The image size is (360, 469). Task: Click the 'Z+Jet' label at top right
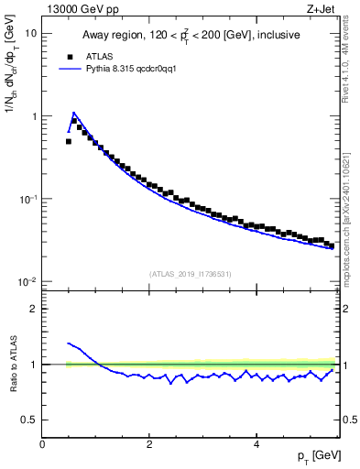tap(321, 8)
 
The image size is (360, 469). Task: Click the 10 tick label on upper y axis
tap(31, 33)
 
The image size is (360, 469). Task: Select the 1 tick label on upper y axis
tap(34, 116)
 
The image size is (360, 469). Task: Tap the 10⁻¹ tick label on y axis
tap(27, 199)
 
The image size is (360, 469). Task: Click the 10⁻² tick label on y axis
tap(27, 281)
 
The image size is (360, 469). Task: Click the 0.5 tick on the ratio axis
tap(30, 420)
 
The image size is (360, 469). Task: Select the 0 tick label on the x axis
tap(42, 444)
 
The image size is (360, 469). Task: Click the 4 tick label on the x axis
tap(256, 444)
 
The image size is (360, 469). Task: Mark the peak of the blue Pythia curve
tap(74, 113)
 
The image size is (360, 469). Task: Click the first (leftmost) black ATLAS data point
tap(69, 141)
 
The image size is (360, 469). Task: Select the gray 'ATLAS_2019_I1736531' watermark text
tap(191, 273)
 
